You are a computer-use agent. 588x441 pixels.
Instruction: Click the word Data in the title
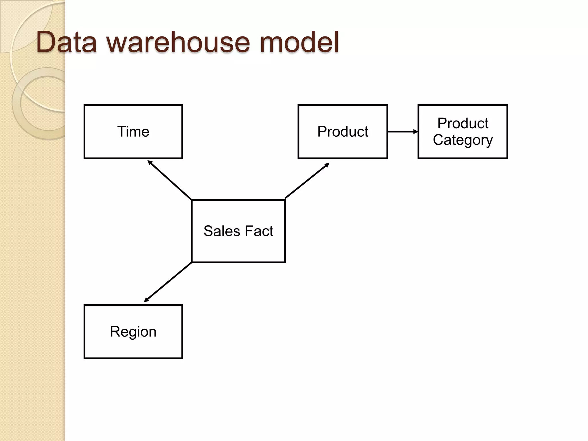(x=67, y=42)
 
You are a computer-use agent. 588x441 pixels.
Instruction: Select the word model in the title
(x=299, y=42)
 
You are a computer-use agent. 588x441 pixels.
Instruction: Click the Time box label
(x=133, y=131)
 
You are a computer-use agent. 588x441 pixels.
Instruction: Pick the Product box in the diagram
(x=343, y=131)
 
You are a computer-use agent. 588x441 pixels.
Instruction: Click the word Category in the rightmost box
(x=463, y=140)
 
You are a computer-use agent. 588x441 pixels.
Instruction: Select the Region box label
(x=133, y=332)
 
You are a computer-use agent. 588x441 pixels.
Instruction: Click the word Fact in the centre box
(x=259, y=231)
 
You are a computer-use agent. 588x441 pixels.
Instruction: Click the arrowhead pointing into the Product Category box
(x=416, y=131)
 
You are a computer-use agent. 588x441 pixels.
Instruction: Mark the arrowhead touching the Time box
(x=150, y=162)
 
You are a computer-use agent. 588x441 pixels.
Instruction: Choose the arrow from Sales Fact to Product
(x=307, y=181)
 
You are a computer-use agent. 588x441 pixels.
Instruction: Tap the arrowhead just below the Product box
(x=327, y=165)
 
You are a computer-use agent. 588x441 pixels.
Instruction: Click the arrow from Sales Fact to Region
(x=168, y=282)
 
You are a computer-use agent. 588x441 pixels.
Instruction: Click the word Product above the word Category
(x=463, y=123)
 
